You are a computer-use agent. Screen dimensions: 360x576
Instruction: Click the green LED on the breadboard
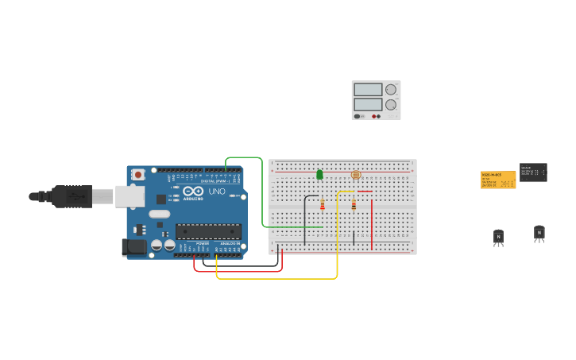click(319, 175)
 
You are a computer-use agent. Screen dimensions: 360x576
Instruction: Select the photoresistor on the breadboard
click(355, 175)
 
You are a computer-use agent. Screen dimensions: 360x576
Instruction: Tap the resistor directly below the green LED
click(322, 206)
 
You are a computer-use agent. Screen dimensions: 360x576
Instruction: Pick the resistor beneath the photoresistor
click(354, 206)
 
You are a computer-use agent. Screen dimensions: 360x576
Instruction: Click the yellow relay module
click(497, 180)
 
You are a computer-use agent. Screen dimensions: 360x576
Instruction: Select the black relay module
click(533, 172)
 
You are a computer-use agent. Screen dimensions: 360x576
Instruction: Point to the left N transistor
click(498, 236)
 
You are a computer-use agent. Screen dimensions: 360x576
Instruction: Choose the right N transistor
click(539, 233)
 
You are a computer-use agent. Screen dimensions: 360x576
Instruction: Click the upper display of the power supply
click(368, 90)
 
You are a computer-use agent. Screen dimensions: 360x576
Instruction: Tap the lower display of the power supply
click(368, 104)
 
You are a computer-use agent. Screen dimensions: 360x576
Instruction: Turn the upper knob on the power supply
click(390, 90)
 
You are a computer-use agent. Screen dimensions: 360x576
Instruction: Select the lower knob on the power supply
click(390, 105)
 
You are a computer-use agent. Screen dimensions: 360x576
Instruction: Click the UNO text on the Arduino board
click(217, 192)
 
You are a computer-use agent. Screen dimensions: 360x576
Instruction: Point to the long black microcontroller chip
click(208, 231)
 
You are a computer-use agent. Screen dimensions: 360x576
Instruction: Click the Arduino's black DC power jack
click(133, 247)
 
